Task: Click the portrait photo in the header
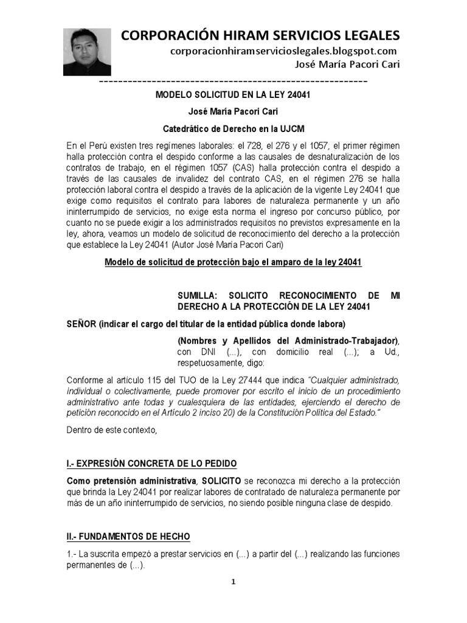[x=87, y=52]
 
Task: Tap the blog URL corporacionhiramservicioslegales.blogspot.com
[x=283, y=51]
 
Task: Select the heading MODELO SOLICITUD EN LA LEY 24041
[x=233, y=96]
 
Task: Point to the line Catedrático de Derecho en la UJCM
[x=233, y=129]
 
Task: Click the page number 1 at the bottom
[x=232, y=582]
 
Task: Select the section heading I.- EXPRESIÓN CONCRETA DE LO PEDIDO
[x=151, y=464]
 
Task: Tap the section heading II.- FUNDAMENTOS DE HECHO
[x=128, y=536]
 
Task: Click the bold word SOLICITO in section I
[x=222, y=481]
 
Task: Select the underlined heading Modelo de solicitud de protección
[x=233, y=262]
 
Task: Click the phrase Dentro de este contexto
[x=111, y=431]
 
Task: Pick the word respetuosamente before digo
[x=210, y=363]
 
